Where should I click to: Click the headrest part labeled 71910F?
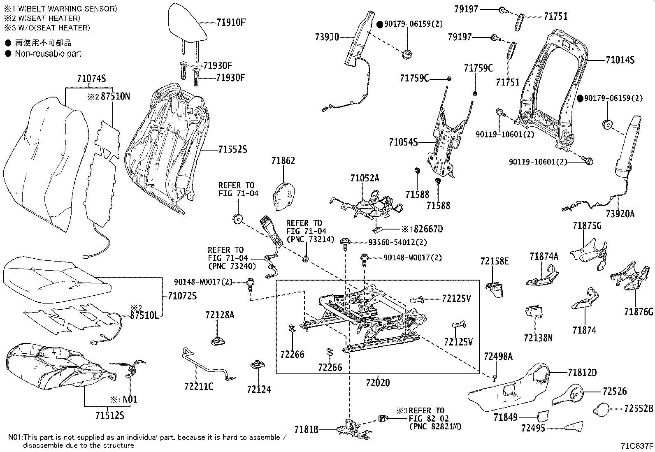(x=187, y=25)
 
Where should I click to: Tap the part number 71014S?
(x=620, y=60)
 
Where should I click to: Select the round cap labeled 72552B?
(x=603, y=410)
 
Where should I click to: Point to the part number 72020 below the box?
(x=377, y=383)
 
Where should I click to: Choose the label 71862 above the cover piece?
(x=283, y=161)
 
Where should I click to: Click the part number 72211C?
(x=199, y=387)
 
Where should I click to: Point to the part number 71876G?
(x=638, y=312)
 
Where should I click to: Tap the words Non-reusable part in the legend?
(x=48, y=53)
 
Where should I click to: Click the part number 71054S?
(x=403, y=142)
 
